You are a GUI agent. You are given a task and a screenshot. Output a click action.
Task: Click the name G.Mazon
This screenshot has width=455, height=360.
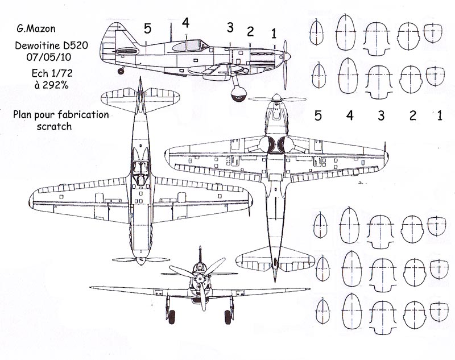(36, 28)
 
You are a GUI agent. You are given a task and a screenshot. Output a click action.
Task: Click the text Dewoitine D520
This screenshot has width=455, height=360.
(51, 45)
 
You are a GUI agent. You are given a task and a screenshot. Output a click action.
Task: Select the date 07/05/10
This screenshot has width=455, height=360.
(49, 57)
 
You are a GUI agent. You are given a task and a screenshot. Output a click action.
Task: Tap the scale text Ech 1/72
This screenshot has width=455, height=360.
(52, 73)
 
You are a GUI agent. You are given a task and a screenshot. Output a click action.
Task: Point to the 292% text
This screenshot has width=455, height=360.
(55, 85)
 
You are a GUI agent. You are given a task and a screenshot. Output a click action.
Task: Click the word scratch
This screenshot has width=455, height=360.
(54, 126)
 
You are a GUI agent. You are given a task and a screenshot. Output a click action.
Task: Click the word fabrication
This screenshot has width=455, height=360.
(83, 114)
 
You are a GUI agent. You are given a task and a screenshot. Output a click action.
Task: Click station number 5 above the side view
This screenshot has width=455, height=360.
(147, 28)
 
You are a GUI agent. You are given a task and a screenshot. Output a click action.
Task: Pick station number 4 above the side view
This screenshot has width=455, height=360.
(186, 23)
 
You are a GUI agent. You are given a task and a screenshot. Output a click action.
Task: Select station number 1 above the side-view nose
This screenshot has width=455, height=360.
(274, 34)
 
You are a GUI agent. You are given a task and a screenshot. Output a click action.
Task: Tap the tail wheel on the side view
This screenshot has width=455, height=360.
(121, 71)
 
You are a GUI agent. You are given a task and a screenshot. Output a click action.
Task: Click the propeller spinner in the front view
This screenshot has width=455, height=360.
(200, 279)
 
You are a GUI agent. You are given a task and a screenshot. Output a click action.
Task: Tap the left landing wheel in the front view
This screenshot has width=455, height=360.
(172, 317)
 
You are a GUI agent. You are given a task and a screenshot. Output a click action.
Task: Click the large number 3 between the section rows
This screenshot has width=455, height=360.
(381, 115)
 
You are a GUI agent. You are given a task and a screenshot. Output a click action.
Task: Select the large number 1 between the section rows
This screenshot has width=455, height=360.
(440, 115)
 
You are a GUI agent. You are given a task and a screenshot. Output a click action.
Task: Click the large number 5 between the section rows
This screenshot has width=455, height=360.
(318, 116)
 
